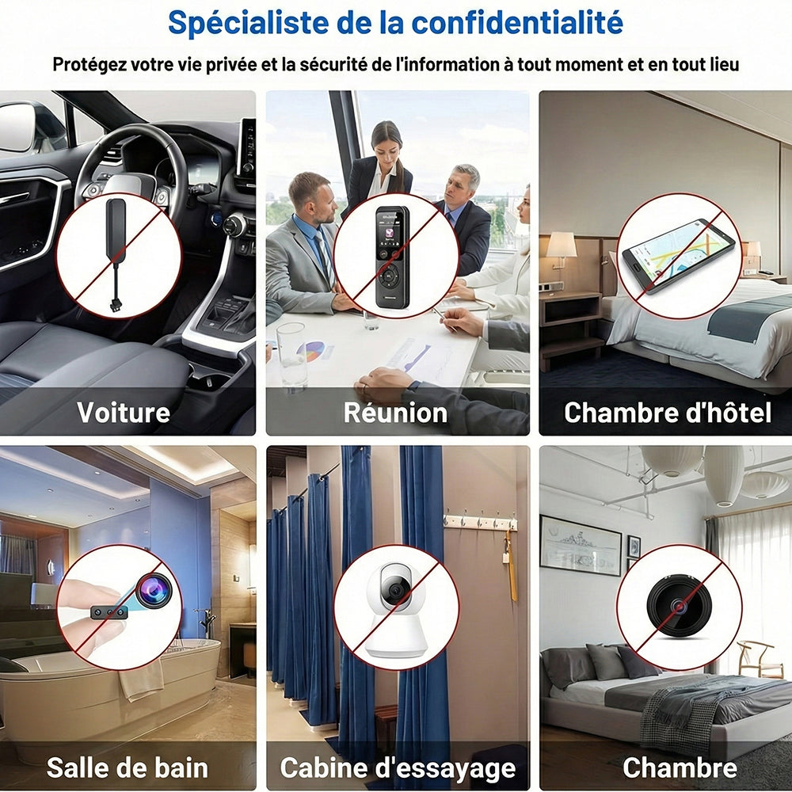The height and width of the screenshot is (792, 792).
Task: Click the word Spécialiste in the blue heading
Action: point(248,23)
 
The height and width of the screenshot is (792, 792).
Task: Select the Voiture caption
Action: point(124,412)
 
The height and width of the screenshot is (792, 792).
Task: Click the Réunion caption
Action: point(395,413)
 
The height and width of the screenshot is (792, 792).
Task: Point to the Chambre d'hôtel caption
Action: point(667,412)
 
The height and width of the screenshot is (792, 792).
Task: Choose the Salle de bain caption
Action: point(128,767)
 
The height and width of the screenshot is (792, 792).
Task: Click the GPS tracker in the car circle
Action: point(116,255)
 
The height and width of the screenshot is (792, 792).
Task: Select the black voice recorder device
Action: point(392,257)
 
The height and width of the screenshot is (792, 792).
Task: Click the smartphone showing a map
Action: point(679,256)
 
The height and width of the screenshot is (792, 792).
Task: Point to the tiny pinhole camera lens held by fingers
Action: point(153,590)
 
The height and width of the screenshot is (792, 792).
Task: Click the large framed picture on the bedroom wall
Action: point(581,546)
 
